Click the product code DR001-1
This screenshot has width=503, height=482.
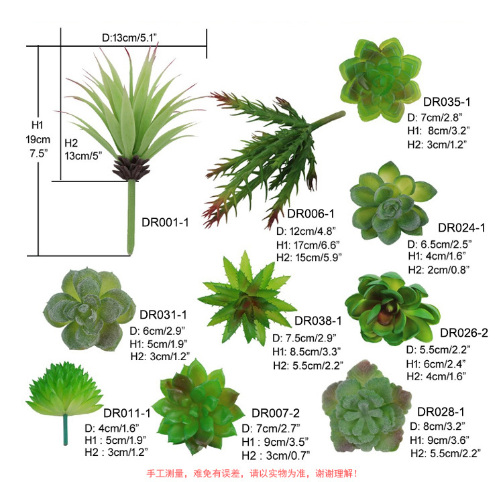coord(165,222)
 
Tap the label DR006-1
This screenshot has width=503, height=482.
coord(311,214)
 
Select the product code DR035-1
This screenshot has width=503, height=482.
coord(447,102)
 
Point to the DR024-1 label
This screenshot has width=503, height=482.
coord(461,228)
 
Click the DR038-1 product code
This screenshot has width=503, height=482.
coord(318,321)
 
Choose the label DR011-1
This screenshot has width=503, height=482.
coord(127,413)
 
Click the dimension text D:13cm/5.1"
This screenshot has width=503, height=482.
coord(129,37)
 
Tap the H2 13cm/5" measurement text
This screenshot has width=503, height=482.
coord(83,149)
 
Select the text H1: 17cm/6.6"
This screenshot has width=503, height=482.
coord(308,245)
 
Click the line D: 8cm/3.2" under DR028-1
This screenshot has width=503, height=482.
coord(437,426)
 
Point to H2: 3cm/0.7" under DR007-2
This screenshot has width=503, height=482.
coord(276,455)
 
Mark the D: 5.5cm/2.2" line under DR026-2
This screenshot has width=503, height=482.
coord(438,349)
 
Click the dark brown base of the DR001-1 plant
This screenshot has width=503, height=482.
coord(131,167)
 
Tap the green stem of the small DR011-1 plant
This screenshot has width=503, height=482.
coord(66,430)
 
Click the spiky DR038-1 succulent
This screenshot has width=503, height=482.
coord(247,299)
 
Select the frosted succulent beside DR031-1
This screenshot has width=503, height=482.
coord(89,309)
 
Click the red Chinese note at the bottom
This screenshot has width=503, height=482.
coord(251,473)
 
